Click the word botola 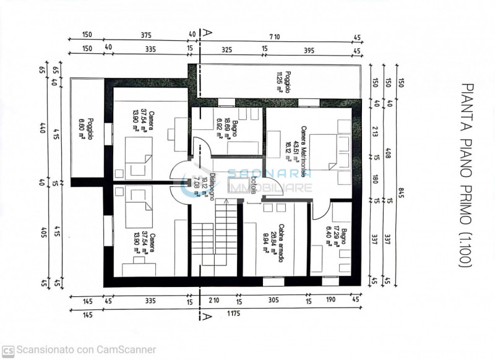[254, 186]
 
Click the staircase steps [213, 241]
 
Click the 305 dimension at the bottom [273, 301]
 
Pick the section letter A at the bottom [205, 317]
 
